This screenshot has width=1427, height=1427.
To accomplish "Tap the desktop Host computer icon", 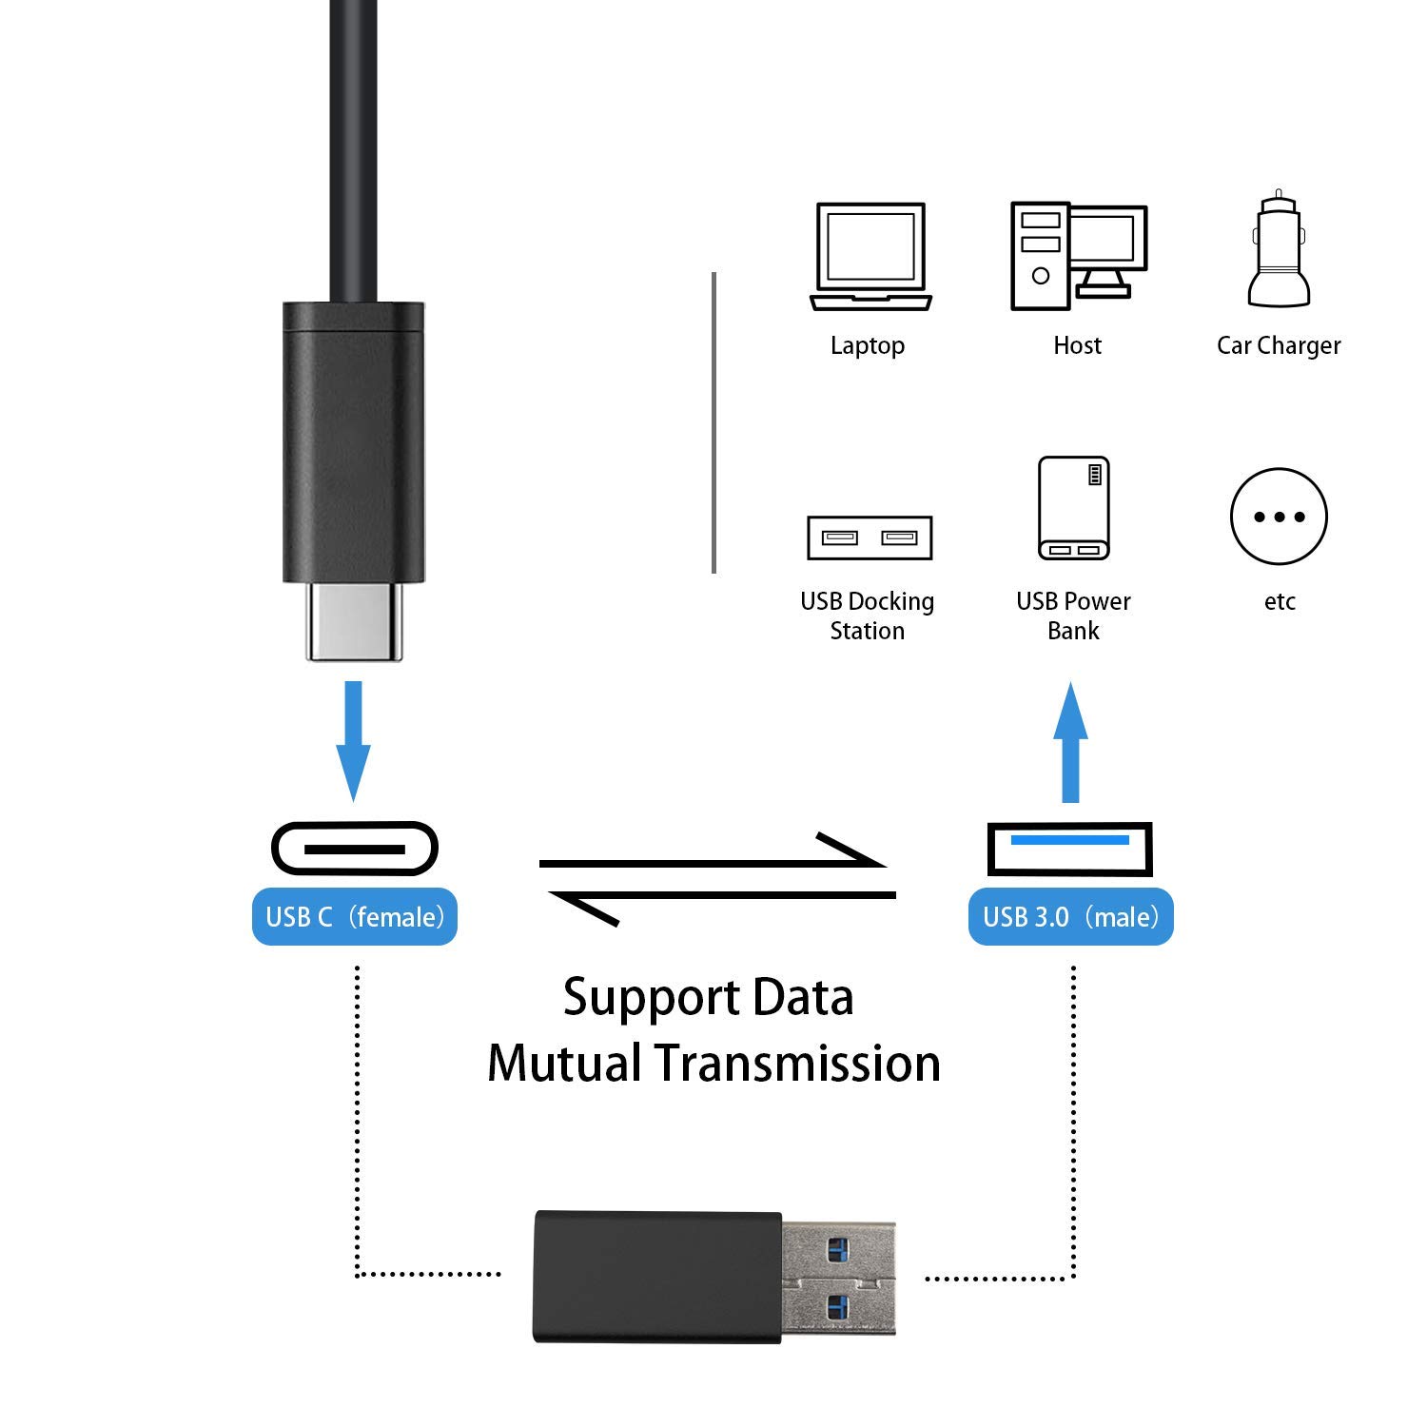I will [x=1078, y=256].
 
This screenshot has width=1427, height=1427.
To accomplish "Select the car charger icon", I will [x=1279, y=251].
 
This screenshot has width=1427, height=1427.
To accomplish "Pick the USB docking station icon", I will [x=869, y=538].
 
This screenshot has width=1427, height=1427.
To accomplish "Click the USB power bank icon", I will [x=1074, y=508].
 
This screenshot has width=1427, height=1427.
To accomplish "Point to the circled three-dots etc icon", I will [x=1279, y=517].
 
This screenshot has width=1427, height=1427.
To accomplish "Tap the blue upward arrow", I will [x=1070, y=742].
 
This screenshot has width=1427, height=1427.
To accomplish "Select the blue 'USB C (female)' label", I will [x=355, y=917].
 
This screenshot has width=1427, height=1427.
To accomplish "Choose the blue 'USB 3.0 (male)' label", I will [x=1070, y=917].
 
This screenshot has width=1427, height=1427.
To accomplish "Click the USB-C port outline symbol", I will [x=355, y=848].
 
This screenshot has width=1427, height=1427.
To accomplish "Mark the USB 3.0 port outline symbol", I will [x=1070, y=848].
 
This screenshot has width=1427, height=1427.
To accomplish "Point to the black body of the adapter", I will [x=657, y=1277].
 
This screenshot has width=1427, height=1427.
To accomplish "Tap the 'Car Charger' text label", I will [x=1279, y=345].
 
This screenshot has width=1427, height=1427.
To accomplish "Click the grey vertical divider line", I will [x=713, y=423].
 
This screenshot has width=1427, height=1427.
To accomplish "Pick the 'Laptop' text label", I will [x=867, y=345].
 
